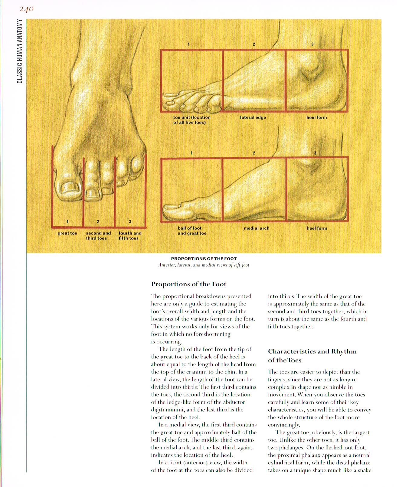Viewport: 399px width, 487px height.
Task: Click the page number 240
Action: click(26, 9)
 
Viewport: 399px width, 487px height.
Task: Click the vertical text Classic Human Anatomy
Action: click(20, 51)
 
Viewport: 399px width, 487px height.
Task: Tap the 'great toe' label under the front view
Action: click(67, 233)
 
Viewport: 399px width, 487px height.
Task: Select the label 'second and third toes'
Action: click(98, 236)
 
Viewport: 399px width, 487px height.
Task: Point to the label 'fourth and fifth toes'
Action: click(130, 236)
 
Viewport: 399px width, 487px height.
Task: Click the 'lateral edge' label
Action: click(253, 117)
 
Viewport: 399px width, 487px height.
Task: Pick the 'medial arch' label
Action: click(256, 228)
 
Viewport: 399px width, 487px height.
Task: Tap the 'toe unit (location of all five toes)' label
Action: click(191, 120)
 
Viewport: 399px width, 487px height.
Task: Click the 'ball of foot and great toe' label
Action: click(192, 231)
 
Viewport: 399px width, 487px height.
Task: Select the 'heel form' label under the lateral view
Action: click(316, 117)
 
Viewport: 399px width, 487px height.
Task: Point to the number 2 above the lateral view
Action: click(254, 44)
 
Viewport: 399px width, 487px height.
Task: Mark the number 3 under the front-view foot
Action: click(130, 222)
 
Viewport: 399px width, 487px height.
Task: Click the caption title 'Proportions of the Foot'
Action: click(204, 259)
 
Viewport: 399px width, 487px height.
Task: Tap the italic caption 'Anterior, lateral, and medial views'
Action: click(204, 265)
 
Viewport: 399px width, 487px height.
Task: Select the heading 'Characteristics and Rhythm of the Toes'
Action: click(312, 356)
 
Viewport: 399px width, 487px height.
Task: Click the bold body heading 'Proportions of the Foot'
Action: click(188, 284)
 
